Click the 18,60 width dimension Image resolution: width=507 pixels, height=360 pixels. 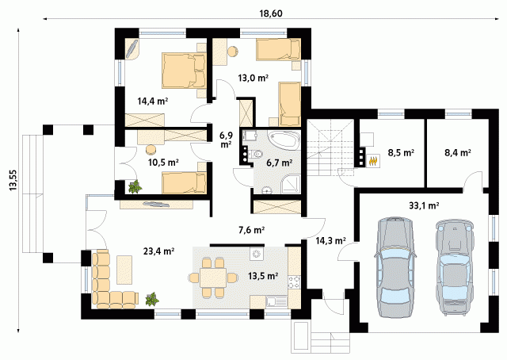click(271, 13)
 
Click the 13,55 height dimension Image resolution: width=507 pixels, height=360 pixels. click(13, 180)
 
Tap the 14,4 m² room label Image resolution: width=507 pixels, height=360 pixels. click(153, 101)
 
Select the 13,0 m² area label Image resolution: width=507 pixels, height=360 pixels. click(253, 78)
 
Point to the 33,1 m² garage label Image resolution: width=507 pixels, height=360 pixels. click(424, 205)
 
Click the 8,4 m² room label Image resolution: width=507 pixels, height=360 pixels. click(458, 152)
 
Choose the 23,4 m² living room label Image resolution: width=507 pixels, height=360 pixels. click(159, 251)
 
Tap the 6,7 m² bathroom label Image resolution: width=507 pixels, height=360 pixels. click(280, 163)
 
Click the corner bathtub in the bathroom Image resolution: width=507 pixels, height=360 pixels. click(284, 140)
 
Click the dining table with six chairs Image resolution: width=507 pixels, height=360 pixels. click(213, 278)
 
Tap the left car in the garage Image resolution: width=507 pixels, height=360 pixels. click(395, 266)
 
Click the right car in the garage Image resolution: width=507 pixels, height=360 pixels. click(453, 267)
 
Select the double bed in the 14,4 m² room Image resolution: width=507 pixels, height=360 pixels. click(184, 71)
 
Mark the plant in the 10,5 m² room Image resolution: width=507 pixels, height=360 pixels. click(135, 187)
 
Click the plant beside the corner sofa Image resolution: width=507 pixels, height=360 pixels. click(152, 299)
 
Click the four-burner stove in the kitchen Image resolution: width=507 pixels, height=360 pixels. click(294, 281)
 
